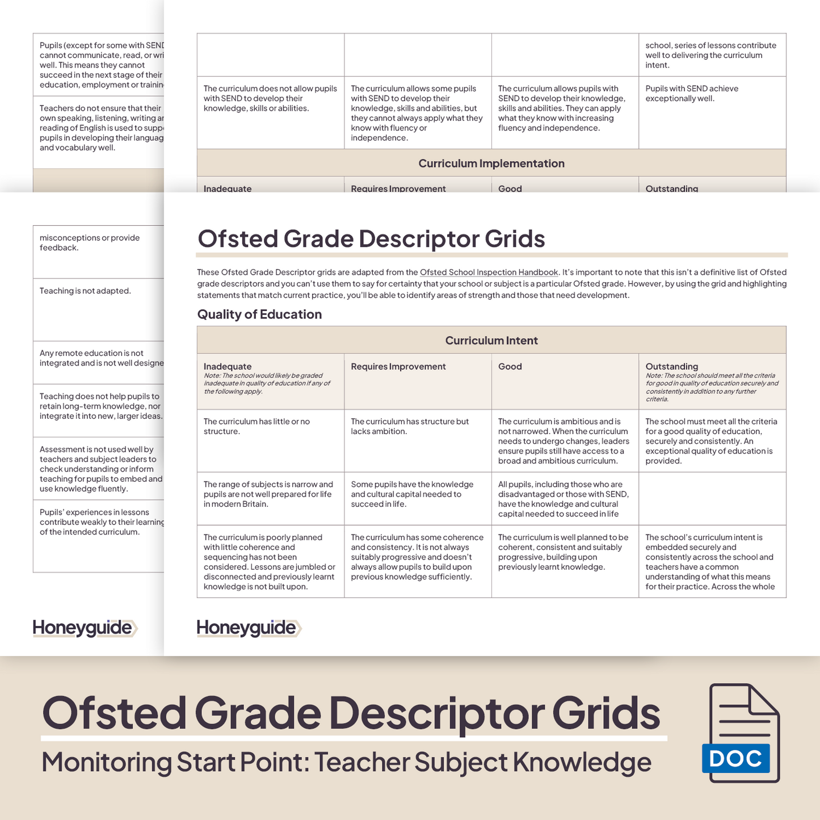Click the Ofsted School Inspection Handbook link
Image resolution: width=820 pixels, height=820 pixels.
coord(489,272)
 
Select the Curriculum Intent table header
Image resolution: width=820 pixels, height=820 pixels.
coord(491,340)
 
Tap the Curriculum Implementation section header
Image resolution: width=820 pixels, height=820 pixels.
coord(491,163)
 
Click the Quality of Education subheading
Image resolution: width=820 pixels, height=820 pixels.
coord(259,314)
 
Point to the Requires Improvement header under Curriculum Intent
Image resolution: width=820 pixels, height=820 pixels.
coord(398,367)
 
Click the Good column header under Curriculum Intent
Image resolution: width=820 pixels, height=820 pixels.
coord(510,367)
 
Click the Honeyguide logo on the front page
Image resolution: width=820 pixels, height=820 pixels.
coord(249,628)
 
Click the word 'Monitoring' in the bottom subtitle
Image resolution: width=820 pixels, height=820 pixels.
coord(106,762)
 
